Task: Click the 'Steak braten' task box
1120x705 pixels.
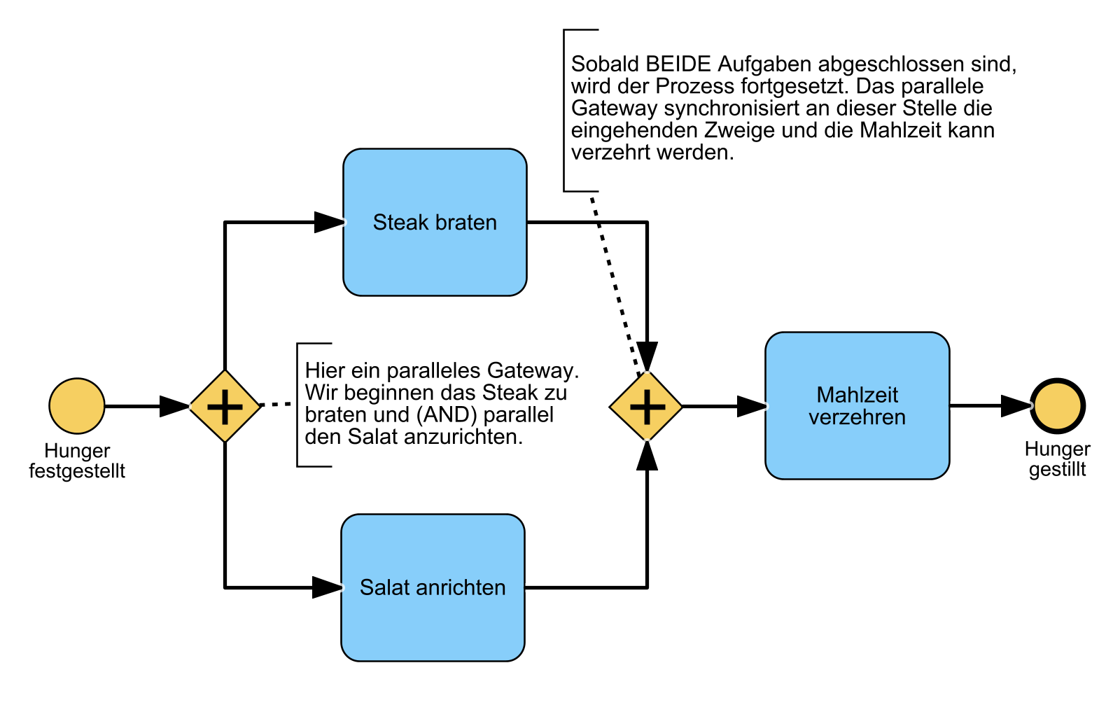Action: pos(435,222)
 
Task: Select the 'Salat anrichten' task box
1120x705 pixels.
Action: pos(433,587)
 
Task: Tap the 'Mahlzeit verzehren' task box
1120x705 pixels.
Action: pos(857,405)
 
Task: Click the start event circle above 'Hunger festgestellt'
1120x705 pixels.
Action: pos(77,406)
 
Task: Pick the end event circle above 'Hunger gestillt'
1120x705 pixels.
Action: pos(1057,405)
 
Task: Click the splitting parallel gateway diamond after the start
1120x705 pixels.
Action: pos(225,406)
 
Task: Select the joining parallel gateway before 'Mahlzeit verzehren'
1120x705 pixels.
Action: pos(646,406)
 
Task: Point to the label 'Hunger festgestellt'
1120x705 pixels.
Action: pos(77,461)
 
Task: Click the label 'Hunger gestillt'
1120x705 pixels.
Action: pos(1057,459)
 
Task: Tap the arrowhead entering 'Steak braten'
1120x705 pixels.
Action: pos(329,222)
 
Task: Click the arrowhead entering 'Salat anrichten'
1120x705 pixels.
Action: pos(327,587)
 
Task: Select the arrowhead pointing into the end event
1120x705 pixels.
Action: pos(1016,405)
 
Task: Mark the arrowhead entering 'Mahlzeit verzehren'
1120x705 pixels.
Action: pos(752,406)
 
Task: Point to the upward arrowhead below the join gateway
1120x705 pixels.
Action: pos(647,456)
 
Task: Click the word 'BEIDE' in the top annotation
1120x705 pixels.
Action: pos(678,64)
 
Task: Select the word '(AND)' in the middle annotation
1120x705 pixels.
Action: pos(447,415)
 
